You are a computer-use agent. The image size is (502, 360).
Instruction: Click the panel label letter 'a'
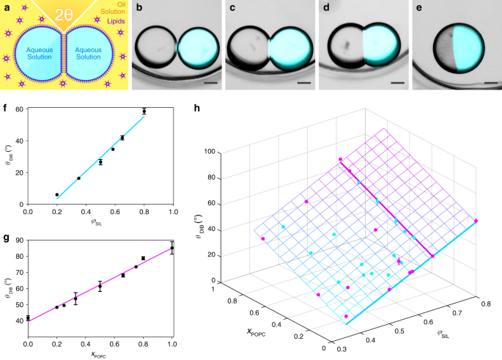(6, 7)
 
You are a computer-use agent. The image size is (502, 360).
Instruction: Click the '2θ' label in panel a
(63, 14)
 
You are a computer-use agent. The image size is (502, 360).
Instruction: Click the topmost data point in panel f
(144, 111)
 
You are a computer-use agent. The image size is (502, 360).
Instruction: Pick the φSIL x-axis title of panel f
(100, 222)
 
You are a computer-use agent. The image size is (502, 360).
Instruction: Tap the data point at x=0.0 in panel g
(29, 317)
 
